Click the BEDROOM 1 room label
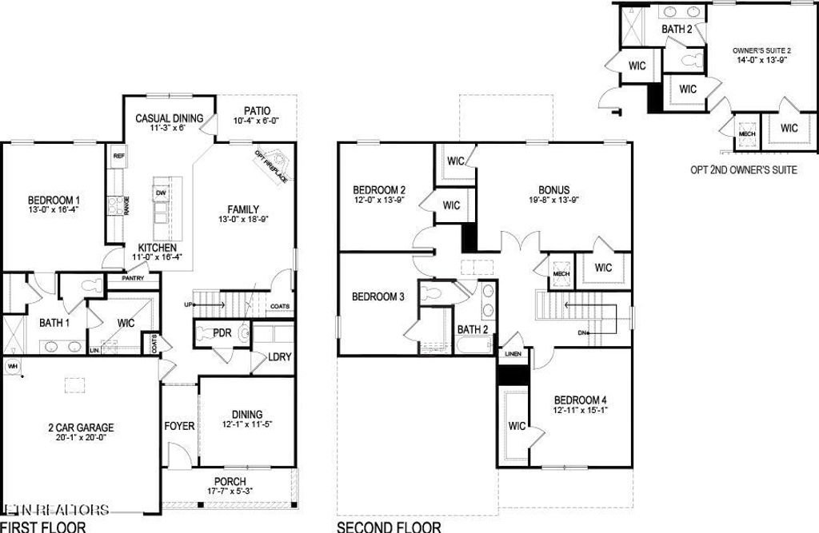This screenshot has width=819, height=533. [x=54, y=200]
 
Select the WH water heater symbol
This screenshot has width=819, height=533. [x=12, y=366]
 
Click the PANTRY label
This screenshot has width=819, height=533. [x=132, y=279]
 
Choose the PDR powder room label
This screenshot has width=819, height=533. [x=222, y=332]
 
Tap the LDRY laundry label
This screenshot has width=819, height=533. [x=279, y=357]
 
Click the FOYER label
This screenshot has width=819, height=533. [x=179, y=426]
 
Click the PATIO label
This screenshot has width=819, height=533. [x=258, y=111]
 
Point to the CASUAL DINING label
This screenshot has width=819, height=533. [x=169, y=118]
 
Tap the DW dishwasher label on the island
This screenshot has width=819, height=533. [x=161, y=193]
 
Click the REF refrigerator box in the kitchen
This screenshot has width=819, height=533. [x=118, y=156]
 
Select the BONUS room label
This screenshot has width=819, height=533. [x=553, y=190]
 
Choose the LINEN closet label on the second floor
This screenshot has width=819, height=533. [x=513, y=353]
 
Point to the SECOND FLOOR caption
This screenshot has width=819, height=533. [x=389, y=527]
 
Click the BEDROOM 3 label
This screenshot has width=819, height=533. [x=378, y=296]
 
